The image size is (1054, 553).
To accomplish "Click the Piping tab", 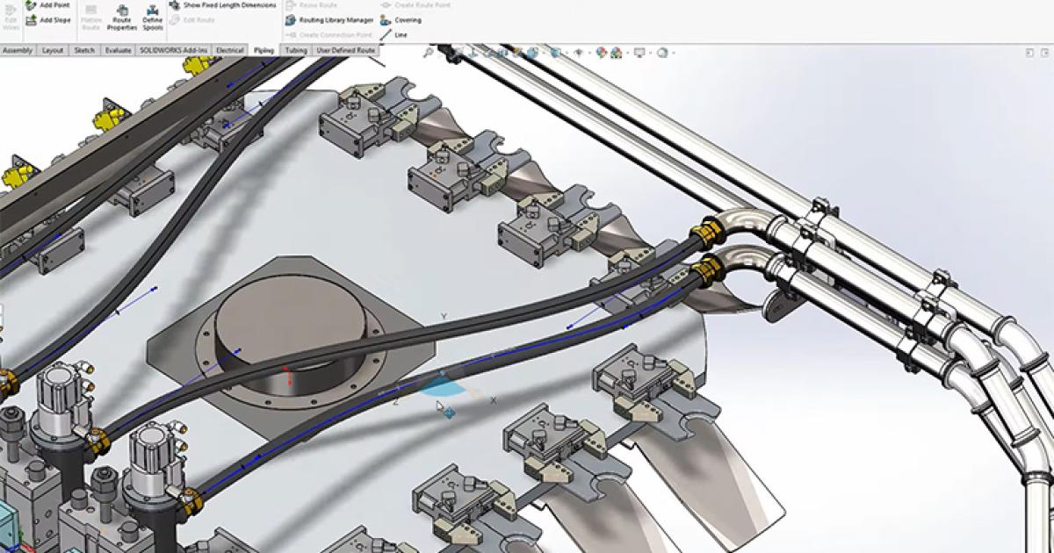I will [x=263, y=51].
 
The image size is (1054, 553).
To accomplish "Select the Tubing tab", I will [x=296, y=51].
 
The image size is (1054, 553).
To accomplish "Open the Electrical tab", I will [x=229, y=51].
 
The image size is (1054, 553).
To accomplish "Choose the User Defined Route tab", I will [x=345, y=51].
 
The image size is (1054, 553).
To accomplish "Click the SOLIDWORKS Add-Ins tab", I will [x=174, y=51].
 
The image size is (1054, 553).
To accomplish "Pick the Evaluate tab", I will [x=118, y=51].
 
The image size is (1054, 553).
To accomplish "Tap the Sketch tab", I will [x=84, y=51].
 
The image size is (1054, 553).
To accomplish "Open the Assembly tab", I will [x=18, y=51].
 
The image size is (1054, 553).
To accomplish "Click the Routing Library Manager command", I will [x=329, y=19].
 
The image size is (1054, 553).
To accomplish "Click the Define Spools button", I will [x=153, y=18].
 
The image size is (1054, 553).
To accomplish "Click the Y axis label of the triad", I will [x=444, y=317].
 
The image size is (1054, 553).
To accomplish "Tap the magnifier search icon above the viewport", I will [x=428, y=53].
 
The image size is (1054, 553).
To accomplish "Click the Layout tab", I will [x=53, y=51].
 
